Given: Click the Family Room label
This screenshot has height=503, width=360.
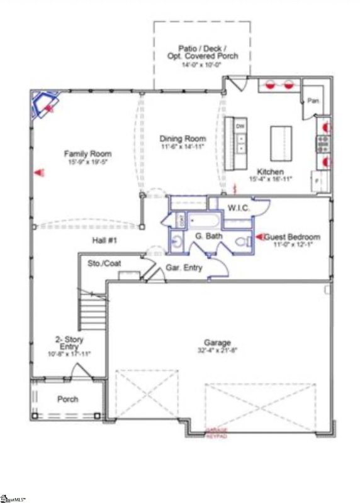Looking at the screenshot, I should [87, 153].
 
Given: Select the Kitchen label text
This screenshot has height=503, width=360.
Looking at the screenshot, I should [270, 172].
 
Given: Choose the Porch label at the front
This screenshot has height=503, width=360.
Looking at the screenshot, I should [67, 399].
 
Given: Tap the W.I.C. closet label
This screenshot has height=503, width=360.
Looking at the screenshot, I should [240, 207].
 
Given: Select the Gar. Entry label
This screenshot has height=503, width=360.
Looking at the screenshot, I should [184, 268].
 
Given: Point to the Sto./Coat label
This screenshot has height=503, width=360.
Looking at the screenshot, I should [104, 264].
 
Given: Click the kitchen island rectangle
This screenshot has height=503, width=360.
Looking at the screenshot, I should [281, 144].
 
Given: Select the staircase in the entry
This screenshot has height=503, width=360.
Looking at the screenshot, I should [92, 312].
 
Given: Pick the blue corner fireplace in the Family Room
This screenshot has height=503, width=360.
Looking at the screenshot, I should [45, 104].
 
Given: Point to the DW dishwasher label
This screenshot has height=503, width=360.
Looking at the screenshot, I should [240, 126].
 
